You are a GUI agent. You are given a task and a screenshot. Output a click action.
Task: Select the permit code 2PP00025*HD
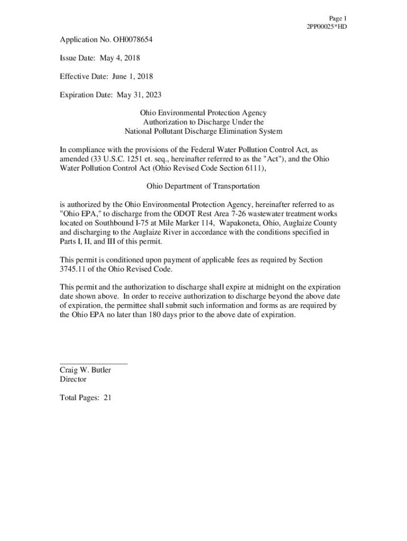point(327,27)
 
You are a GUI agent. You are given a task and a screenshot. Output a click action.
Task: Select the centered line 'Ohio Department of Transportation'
point(203,186)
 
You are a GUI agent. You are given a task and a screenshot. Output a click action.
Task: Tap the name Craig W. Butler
point(85,370)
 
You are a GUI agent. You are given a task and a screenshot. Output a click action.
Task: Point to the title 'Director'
point(73,379)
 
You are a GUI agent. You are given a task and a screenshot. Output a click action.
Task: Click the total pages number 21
point(107,398)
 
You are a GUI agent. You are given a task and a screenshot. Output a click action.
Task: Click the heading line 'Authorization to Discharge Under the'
point(203,122)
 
